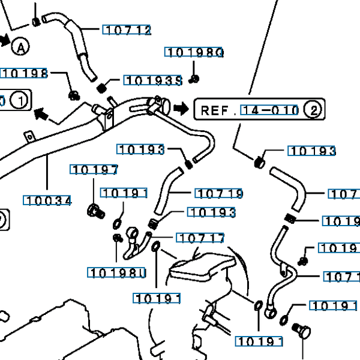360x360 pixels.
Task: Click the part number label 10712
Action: tap(127, 30)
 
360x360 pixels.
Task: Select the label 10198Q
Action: tap(194, 53)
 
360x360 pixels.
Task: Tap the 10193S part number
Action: tap(152, 80)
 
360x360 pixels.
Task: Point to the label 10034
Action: tap(47, 200)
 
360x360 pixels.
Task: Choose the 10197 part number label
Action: tap(94, 170)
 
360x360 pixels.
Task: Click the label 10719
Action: tap(219, 193)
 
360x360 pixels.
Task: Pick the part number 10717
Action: tap(201, 238)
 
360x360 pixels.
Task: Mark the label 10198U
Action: tap(117, 274)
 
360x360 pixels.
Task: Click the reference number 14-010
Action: tap(269, 110)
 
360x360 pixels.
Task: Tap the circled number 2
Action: tap(313, 110)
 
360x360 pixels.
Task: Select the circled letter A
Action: tap(20, 46)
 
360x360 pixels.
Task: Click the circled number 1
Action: tap(20, 100)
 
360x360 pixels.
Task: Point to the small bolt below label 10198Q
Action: tap(195, 78)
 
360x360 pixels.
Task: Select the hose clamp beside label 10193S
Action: tap(103, 88)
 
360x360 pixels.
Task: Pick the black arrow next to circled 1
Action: tap(41, 113)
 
